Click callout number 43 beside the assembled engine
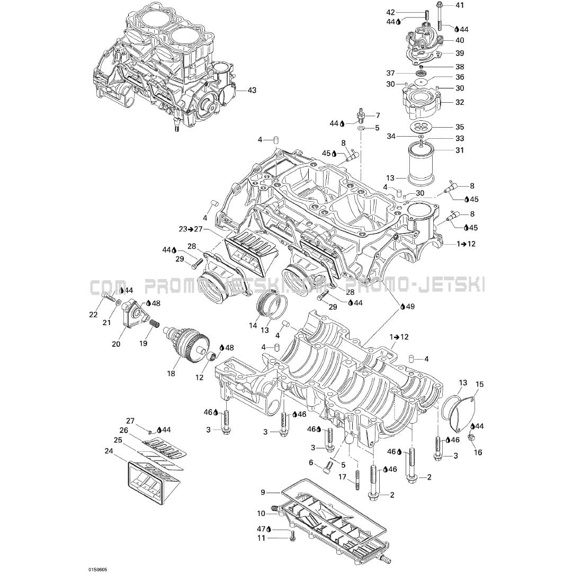click(252, 91)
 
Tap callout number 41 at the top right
click(459, 5)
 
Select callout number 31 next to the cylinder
click(460, 150)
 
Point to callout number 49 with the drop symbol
click(410, 307)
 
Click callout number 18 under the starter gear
click(171, 373)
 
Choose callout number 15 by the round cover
click(480, 384)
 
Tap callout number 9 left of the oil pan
click(263, 492)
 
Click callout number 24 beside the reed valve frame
click(109, 451)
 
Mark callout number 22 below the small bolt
click(93, 315)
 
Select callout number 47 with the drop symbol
click(261, 529)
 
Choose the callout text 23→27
click(190, 229)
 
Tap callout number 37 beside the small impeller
click(391, 73)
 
